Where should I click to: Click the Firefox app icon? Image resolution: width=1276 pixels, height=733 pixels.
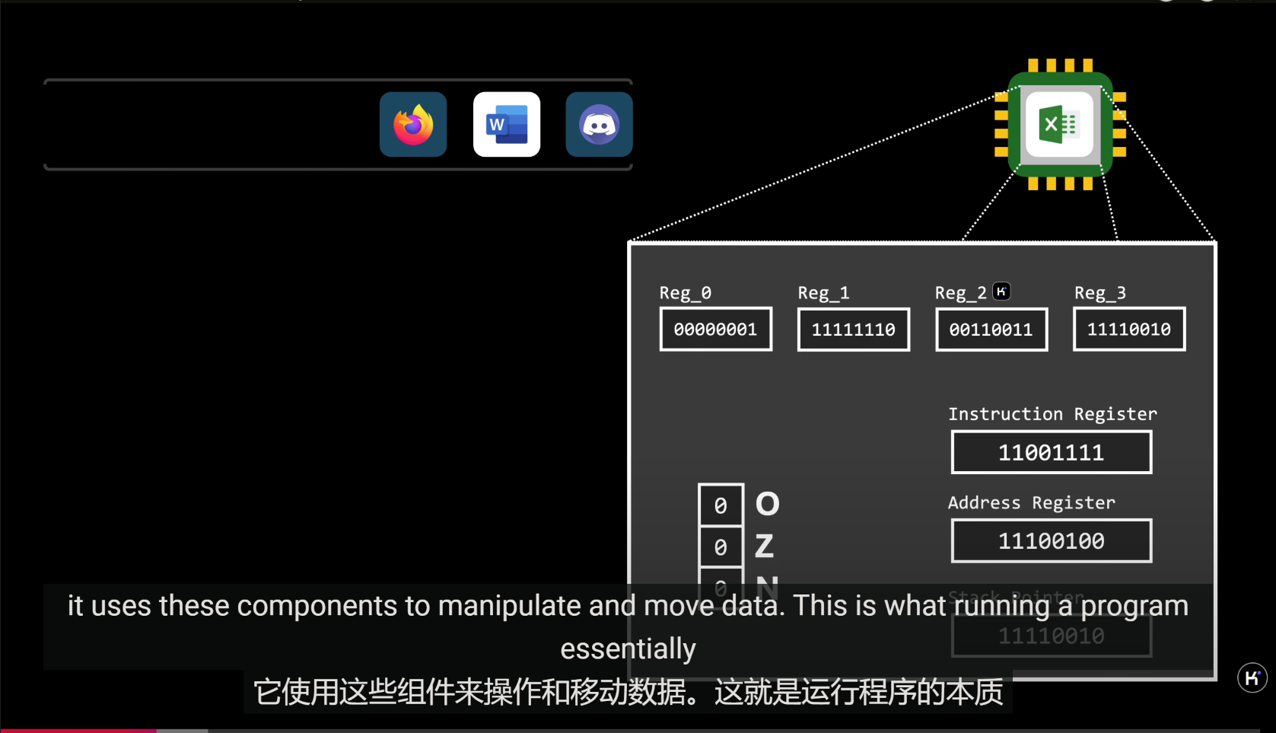[x=413, y=124]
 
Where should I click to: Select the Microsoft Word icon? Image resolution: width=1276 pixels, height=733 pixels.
[x=507, y=124]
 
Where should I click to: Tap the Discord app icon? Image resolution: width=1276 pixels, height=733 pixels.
[x=599, y=124]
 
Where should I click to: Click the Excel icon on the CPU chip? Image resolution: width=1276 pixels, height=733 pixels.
[x=1059, y=124]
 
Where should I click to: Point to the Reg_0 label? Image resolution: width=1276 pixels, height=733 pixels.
[x=685, y=293]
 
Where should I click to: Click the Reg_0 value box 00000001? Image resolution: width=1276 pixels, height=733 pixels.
[x=715, y=329]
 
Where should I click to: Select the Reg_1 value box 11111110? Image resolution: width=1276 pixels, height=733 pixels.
[x=853, y=329]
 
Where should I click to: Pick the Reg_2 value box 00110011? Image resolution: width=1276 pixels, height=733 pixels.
[x=991, y=329]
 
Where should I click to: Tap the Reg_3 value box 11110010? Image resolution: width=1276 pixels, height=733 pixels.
[x=1128, y=329]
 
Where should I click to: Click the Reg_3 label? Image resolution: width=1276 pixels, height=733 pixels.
[x=1099, y=293]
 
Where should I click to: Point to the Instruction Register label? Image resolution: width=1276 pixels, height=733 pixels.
[x=1052, y=414]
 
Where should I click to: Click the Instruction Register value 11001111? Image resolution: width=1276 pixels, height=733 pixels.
[x=1051, y=452]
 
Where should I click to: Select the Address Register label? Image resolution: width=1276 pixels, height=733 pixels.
[x=1031, y=502]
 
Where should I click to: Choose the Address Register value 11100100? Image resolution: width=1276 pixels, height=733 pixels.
[x=1051, y=541]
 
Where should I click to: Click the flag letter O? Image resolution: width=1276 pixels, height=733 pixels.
[x=767, y=504]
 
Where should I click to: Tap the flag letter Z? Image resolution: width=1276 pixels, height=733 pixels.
[x=764, y=546]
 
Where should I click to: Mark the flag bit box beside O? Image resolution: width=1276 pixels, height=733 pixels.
[x=721, y=505]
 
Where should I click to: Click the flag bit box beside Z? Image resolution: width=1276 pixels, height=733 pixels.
[x=721, y=547]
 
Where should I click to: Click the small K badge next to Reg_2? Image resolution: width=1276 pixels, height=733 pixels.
[x=1001, y=291]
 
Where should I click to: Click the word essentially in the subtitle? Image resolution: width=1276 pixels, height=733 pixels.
[x=628, y=649]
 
